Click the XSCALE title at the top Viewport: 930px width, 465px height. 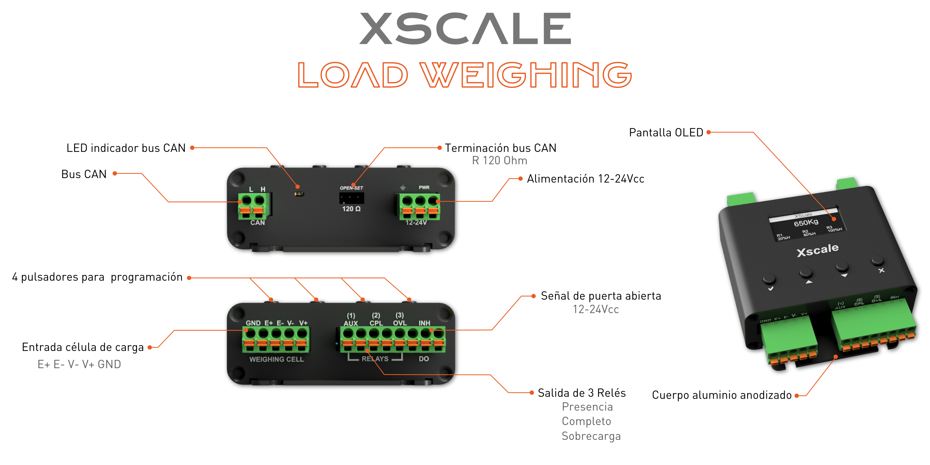465,29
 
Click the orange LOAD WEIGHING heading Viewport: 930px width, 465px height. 465,75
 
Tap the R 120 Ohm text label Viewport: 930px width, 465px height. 499,160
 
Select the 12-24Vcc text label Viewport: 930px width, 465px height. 596,309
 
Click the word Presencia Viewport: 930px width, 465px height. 587,407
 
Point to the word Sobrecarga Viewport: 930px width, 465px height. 591,436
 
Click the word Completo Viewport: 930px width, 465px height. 586,421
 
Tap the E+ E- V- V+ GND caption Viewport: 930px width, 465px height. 79,364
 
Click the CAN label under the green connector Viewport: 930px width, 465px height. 257,223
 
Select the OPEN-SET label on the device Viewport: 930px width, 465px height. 351,188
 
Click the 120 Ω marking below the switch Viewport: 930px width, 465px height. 351,209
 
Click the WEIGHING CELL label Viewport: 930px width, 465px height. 277,359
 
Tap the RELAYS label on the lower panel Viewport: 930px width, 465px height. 375,359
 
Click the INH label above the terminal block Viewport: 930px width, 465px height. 424,323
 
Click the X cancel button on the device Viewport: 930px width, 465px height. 877,261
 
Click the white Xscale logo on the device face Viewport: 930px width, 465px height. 817,250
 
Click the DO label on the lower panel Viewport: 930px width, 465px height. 423,359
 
